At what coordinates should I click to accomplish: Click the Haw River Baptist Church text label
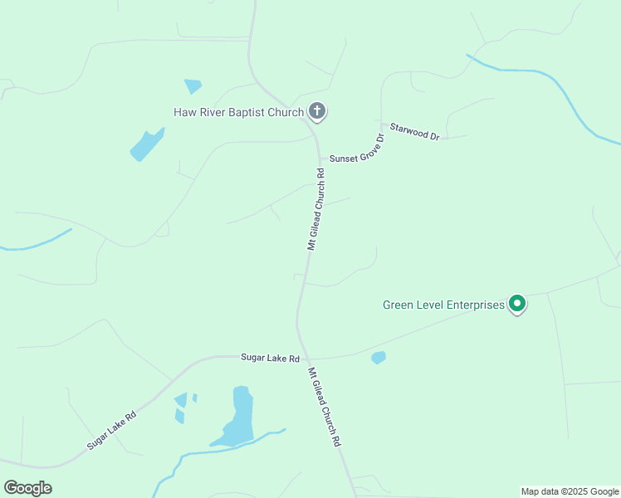point(238,112)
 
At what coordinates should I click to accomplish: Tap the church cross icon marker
point(316,110)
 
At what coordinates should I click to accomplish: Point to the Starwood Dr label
point(413,130)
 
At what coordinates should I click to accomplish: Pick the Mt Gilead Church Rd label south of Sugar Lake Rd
point(325,407)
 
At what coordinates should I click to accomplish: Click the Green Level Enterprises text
point(443,305)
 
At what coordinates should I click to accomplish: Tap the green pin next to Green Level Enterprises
point(517,305)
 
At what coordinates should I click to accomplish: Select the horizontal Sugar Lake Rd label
point(270,358)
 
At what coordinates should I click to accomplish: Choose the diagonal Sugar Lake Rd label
point(110,429)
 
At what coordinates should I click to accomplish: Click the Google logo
point(27,488)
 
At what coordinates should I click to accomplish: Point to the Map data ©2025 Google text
point(570,491)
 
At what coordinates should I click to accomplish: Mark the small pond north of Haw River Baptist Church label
point(193,85)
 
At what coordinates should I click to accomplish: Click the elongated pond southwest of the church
point(147,145)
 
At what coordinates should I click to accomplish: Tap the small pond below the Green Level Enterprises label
point(379,358)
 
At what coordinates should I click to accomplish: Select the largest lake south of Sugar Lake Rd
point(238,419)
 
